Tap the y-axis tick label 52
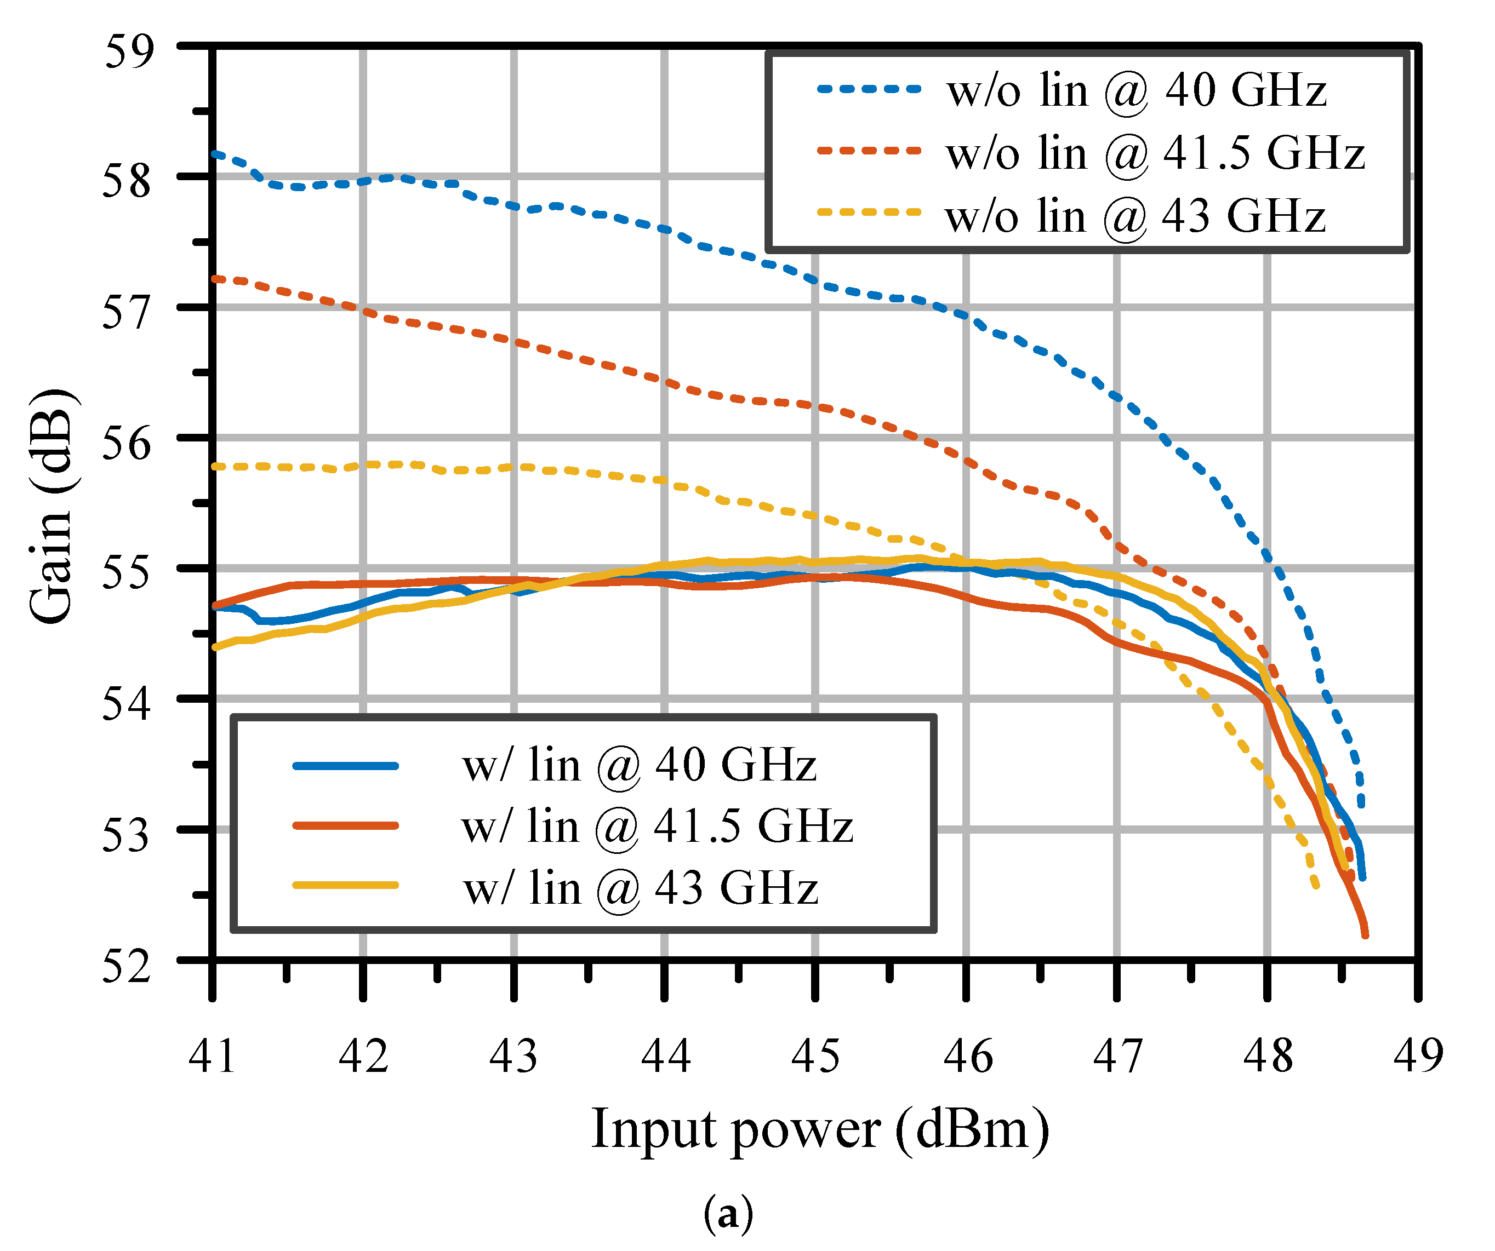pos(128,966)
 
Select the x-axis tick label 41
pos(212,1055)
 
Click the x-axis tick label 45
pos(815,1055)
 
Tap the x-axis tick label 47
pos(1117,1055)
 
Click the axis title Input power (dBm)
pos(820,1130)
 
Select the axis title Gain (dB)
pos(52,507)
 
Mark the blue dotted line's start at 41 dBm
pos(214,152)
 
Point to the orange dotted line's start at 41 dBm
pos(214,278)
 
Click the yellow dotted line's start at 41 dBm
pos(214,467)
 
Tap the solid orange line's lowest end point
pos(1365,935)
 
